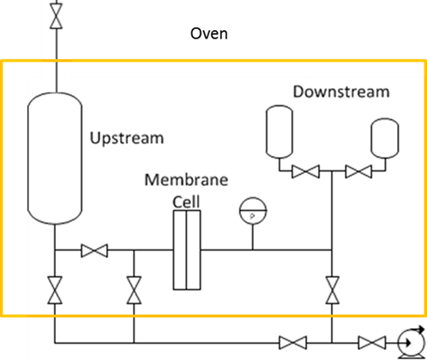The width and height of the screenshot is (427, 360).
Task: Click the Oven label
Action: pyautogui.click(x=209, y=33)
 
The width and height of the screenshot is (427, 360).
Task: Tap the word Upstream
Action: pyautogui.click(x=127, y=139)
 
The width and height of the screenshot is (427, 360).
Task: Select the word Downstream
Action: pyautogui.click(x=341, y=92)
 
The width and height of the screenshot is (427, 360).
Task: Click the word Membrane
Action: pyautogui.click(x=186, y=180)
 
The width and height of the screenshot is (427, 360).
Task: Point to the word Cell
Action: pyautogui.click(x=186, y=201)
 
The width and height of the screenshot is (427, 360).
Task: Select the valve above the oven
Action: pyautogui.click(x=57, y=16)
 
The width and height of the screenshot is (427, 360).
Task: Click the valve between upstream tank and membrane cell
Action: pyautogui.click(x=94, y=250)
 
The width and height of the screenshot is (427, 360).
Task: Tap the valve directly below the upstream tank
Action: pyautogui.click(x=55, y=290)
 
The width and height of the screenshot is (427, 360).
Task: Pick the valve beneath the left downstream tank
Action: pyautogui.click(x=305, y=171)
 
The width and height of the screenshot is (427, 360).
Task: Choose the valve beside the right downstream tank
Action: pyautogui.click(x=358, y=171)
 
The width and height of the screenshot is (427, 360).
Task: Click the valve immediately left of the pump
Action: pyautogui.click(x=372, y=343)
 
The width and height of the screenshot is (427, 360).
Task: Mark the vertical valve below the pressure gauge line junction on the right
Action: pyautogui.click(x=333, y=290)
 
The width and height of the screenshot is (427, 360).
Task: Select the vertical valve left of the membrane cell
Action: pyautogui.click(x=134, y=290)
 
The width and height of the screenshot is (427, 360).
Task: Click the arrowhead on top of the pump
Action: pyautogui.click(x=421, y=330)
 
